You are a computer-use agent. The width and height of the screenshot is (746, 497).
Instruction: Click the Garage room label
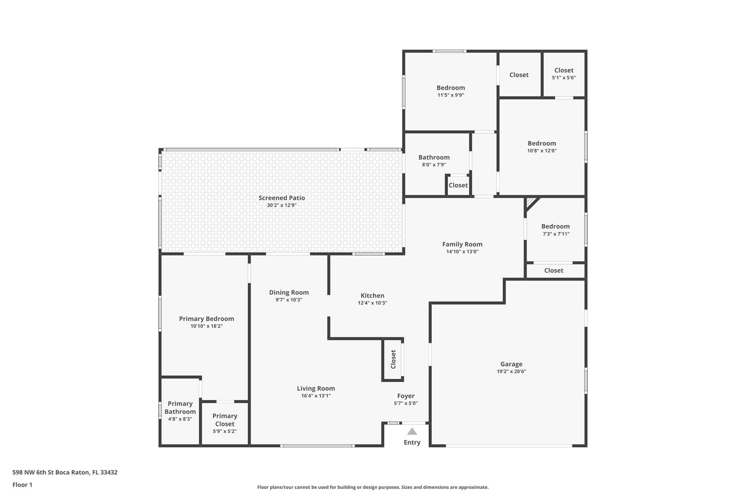point(511,364)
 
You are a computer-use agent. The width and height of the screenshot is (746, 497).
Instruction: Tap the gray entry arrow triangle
point(412,431)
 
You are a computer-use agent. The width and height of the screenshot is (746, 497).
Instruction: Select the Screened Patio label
point(282,198)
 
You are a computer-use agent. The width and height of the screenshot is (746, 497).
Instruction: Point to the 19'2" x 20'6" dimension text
point(511,371)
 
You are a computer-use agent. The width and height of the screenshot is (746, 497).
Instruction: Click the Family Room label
point(462,244)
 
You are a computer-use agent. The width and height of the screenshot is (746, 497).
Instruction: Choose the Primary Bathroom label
point(180,407)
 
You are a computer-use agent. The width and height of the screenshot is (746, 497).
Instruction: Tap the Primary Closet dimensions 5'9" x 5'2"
point(225,431)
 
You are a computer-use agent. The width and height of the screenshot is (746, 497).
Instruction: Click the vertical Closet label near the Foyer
point(393,359)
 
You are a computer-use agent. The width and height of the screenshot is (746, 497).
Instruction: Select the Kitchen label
point(372,296)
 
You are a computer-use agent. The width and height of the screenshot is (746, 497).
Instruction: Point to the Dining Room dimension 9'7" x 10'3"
point(289,300)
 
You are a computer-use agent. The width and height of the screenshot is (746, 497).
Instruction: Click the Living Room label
point(316,388)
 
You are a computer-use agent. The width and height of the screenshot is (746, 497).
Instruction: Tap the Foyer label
point(406,396)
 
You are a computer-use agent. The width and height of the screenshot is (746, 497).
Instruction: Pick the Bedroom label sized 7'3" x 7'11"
point(555,226)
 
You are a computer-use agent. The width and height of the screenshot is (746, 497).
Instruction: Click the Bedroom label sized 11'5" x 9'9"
point(451,88)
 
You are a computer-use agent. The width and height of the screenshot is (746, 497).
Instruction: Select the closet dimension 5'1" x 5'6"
point(564,78)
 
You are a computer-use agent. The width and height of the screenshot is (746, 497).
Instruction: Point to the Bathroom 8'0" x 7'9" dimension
point(434,165)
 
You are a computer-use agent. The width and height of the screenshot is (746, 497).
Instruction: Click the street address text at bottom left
point(65,473)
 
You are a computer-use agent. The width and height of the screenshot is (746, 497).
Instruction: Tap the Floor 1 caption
point(22,485)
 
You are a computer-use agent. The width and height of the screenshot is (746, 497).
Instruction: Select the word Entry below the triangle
point(412,442)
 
